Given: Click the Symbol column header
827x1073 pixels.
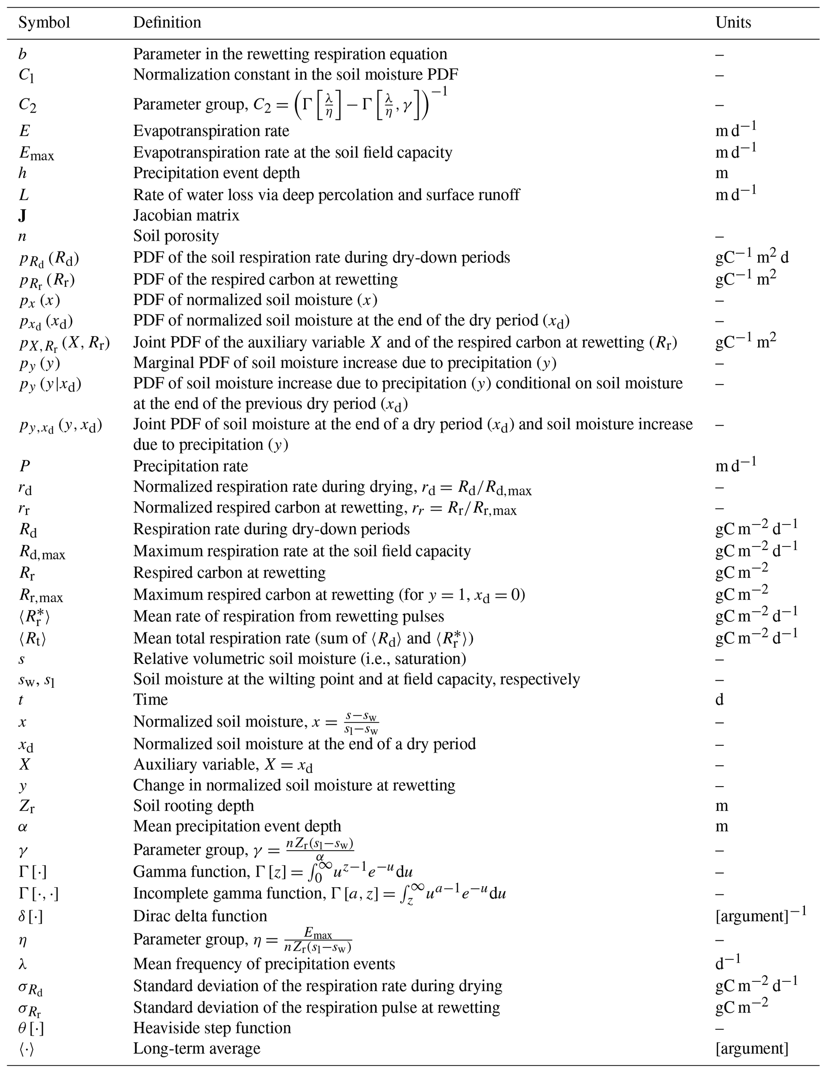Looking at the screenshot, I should pos(44,22).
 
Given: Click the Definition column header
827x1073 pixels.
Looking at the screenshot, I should pos(167,22).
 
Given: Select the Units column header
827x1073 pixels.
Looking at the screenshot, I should pos(733,22).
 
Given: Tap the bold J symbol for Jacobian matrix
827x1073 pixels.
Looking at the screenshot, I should pos(22,216).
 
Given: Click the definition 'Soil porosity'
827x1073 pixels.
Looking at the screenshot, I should pos(176,236).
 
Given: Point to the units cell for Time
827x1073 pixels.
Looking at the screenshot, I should pos(719,700).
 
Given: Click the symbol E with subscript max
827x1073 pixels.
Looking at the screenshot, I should pos(36,153).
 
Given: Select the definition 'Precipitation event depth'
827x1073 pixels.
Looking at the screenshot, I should pos(216,173).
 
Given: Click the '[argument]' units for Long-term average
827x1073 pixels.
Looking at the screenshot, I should pos(751,1049).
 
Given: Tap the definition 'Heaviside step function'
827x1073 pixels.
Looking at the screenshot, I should pos(212,1028).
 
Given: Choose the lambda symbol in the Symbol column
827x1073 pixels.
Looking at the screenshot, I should pos(22,964).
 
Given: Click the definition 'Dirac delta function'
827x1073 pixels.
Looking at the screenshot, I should pos(200,916).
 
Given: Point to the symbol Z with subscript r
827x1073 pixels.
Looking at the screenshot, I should pos(26,806).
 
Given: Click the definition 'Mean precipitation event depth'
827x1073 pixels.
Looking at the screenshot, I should pos(237,827).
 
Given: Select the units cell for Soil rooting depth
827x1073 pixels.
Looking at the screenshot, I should pos(721,806).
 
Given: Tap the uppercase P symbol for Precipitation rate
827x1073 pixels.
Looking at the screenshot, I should pos(24,466).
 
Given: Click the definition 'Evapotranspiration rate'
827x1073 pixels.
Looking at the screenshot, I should pos(211,131).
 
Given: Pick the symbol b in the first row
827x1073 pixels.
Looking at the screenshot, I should pos(22,54).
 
